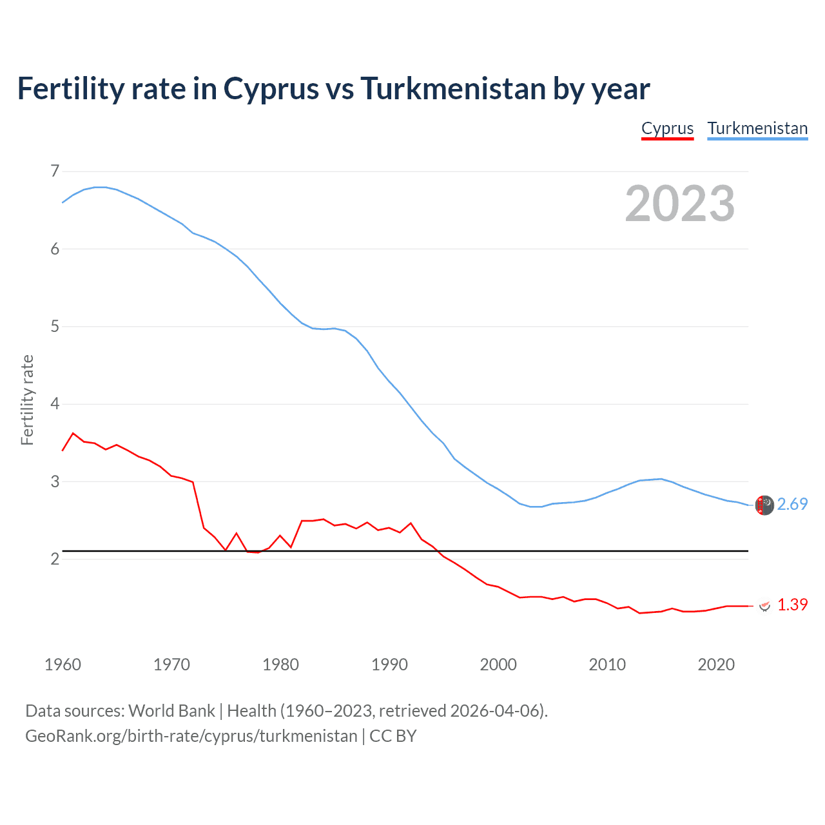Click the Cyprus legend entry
click(667, 128)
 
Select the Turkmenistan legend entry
click(757, 128)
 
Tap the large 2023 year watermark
click(680, 204)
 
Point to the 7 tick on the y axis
click(55, 171)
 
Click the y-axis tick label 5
click(55, 327)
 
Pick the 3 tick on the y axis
click(55, 481)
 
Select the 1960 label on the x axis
click(63, 665)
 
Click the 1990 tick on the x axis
click(389, 665)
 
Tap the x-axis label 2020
click(716, 665)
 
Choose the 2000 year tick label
click(498, 665)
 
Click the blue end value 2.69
click(792, 504)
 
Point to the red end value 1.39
click(792, 605)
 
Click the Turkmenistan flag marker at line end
click(764, 505)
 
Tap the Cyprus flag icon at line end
click(765, 606)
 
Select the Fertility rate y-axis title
click(27, 400)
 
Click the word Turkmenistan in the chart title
click(453, 88)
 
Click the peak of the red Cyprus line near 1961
click(73, 433)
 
